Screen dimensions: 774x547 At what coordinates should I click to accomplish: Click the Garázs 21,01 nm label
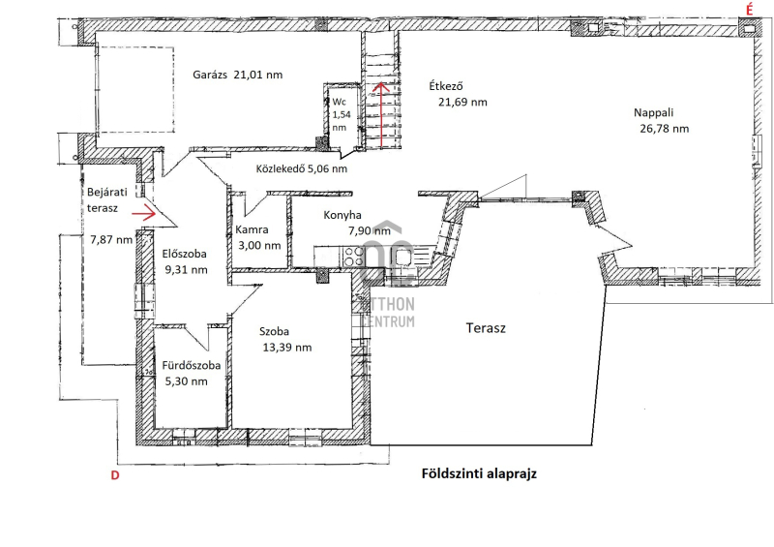237,75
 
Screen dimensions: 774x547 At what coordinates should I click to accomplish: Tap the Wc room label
340,102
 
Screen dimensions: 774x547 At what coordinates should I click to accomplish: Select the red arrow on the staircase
380,115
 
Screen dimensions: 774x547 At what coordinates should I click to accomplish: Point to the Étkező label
446,86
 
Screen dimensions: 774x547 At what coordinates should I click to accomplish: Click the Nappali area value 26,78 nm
664,129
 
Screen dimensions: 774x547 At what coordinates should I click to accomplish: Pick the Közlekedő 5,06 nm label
302,168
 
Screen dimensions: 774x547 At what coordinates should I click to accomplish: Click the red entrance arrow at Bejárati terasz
143,213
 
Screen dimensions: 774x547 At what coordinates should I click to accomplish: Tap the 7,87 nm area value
111,240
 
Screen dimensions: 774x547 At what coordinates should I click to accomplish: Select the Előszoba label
185,254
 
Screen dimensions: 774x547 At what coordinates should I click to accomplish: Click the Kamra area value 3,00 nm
259,246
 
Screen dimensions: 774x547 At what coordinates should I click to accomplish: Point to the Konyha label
342,215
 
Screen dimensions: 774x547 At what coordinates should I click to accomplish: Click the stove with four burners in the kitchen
353,257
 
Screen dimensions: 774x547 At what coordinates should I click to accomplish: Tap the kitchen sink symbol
402,258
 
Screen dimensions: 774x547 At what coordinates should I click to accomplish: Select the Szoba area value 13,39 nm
287,348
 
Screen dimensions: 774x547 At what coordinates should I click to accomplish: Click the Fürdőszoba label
192,366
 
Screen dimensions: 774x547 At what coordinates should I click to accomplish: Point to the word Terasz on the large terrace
486,328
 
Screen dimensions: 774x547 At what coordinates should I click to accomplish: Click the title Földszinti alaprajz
479,473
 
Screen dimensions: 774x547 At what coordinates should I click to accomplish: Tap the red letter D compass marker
115,475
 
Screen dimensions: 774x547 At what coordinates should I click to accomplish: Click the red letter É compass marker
749,10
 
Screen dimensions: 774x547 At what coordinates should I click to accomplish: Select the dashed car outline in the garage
135,90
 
